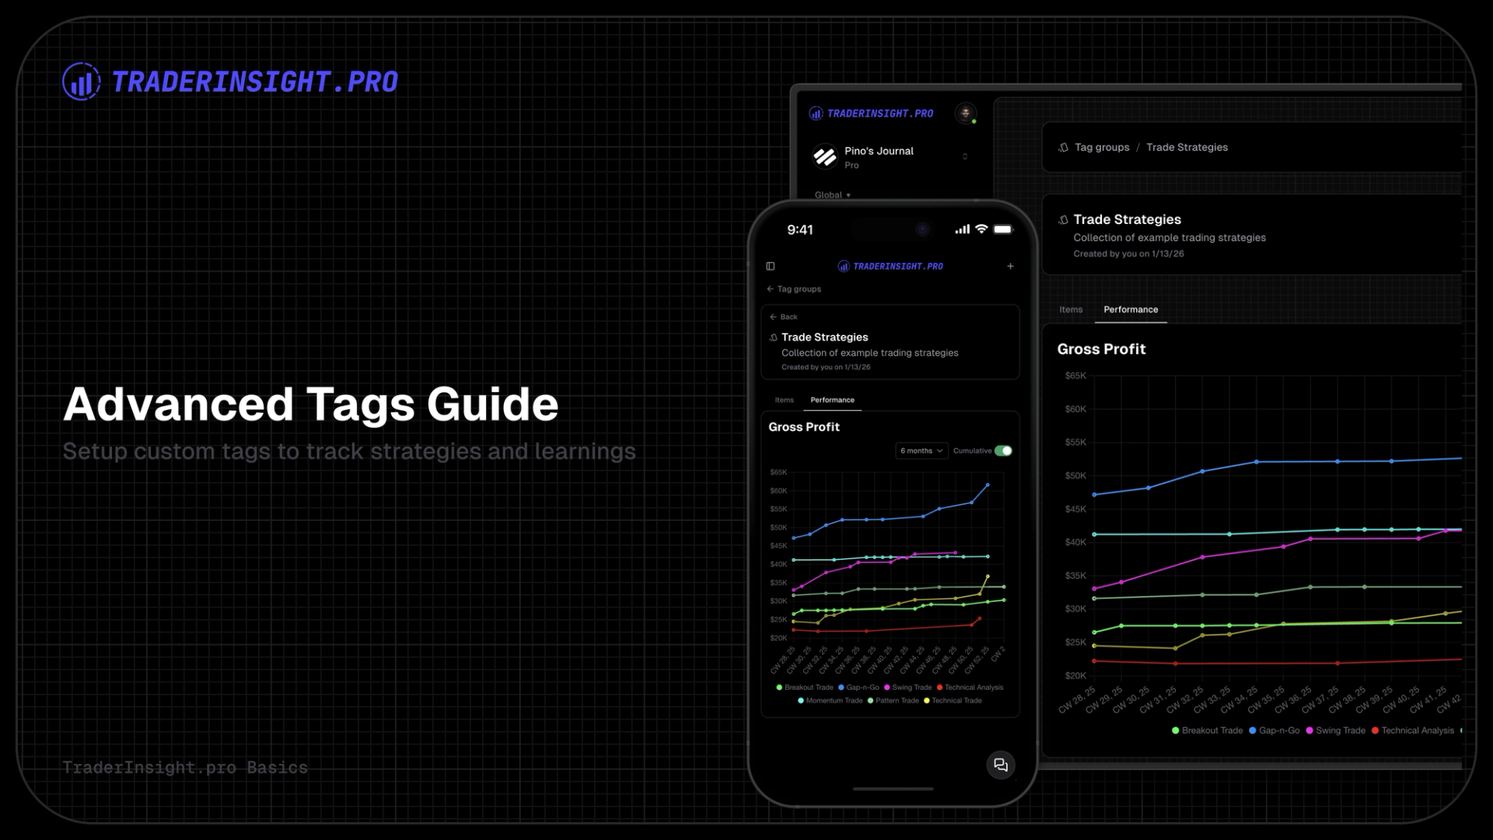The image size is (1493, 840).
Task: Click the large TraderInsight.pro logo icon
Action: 81,82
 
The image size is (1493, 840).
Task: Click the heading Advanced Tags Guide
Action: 310,404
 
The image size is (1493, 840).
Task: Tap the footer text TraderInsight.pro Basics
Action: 185,768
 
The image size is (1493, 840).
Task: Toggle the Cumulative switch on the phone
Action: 1003,451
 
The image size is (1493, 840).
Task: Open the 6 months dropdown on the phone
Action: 921,451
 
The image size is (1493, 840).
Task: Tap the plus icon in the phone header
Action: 1010,266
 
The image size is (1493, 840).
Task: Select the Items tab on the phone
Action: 784,401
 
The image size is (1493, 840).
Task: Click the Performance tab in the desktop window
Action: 1131,310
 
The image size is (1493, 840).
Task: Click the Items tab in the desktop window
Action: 1071,310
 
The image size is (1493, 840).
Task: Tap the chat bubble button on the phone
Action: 1001,765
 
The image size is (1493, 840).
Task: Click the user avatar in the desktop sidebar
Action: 966,114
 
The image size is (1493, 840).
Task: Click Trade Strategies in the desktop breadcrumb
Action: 1187,148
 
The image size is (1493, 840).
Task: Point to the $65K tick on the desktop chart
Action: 1075,376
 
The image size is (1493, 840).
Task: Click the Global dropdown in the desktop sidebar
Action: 832,195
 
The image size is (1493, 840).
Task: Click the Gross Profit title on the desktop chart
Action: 1101,350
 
